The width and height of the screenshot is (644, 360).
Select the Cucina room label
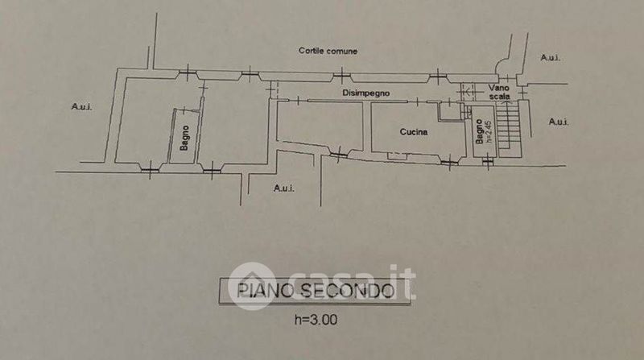coord(414,131)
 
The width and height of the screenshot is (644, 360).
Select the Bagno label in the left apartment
coord(184,139)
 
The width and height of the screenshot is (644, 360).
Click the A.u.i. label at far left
coord(81,106)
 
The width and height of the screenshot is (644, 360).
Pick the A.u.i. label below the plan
coord(283,188)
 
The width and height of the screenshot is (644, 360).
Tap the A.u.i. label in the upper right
coord(551,57)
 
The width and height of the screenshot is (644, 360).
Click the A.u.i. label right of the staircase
coord(559,122)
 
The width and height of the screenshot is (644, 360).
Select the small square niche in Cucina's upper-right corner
coord(444,111)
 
